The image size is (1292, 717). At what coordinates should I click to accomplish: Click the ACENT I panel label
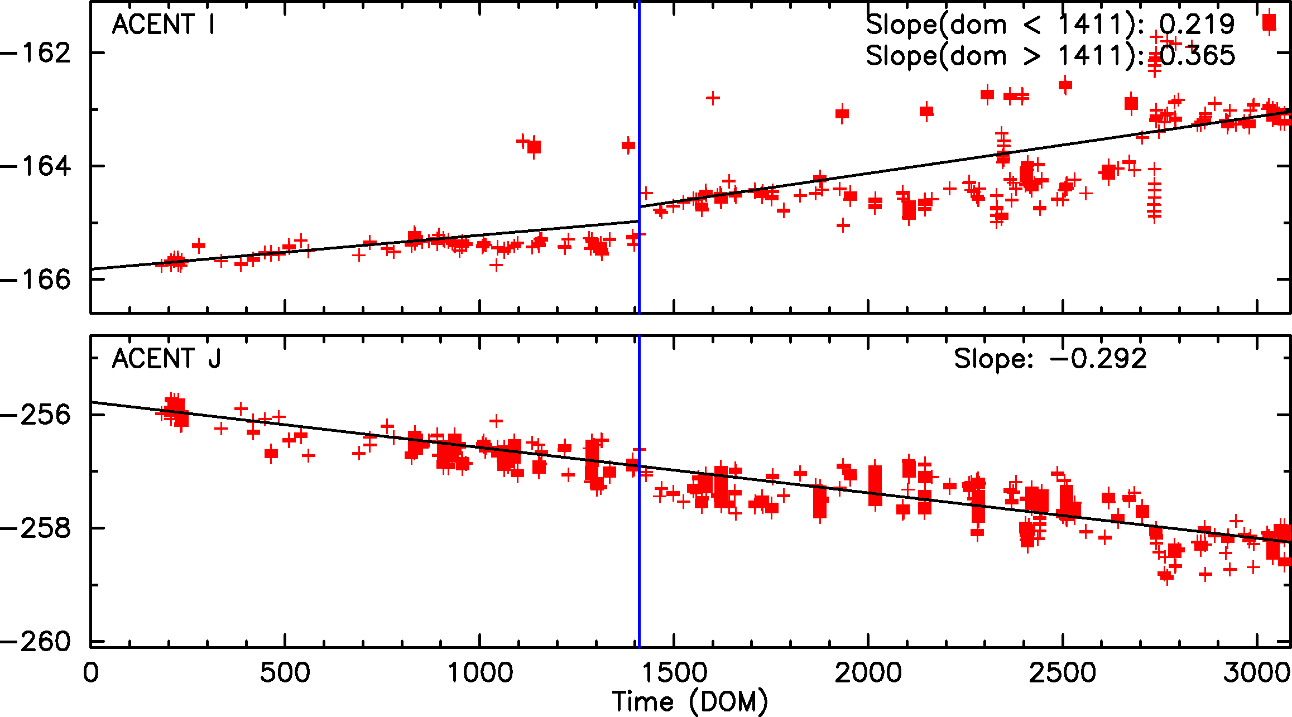pyautogui.click(x=163, y=25)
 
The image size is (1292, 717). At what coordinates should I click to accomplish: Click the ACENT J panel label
pyautogui.click(x=166, y=359)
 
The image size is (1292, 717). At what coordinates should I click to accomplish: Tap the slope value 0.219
pyautogui.click(x=1197, y=25)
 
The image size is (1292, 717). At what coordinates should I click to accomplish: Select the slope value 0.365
pyautogui.click(x=1197, y=56)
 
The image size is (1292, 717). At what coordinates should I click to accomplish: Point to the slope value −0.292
pyautogui.click(x=1098, y=359)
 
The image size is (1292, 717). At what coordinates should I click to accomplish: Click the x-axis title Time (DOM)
pyautogui.click(x=690, y=701)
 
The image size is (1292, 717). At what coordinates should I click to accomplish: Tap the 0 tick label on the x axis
pyautogui.click(x=90, y=672)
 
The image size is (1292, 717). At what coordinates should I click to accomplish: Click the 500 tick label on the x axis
pyautogui.click(x=285, y=672)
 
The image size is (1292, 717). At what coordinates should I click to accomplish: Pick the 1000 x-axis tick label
pyautogui.click(x=480, y=672)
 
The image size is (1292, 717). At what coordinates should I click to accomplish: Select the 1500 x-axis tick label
pyautogui.click(x=674, y=672)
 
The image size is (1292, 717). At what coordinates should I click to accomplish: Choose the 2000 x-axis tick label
pyautogui.click(x=868, y=672)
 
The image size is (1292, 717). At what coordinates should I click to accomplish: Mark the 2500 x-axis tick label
pyautogui.click(x=1063, y=672)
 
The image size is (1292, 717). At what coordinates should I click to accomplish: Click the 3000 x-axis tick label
pyautogui.click(x=1257, y=672)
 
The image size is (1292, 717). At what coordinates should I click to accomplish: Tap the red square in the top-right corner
pyautogui.click(x=1269, y=23)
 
